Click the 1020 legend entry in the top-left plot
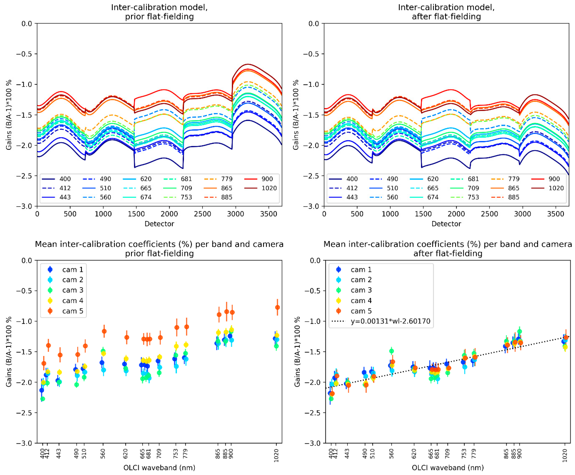pyautogui.click(x=269, y=188)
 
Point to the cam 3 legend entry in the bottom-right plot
pyautogui.click(x=361, y=290)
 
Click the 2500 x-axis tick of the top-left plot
pyautogui.click(x=202, y=214)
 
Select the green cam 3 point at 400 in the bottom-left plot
pyautogui.click(x=43, y=399)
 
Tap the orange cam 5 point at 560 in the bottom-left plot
pyautogui.click(x=104, y=331)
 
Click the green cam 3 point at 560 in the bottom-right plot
pyautogui.click(x=391, y=351)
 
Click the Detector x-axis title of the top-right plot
pyautogui.click(x=446, y=224)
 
